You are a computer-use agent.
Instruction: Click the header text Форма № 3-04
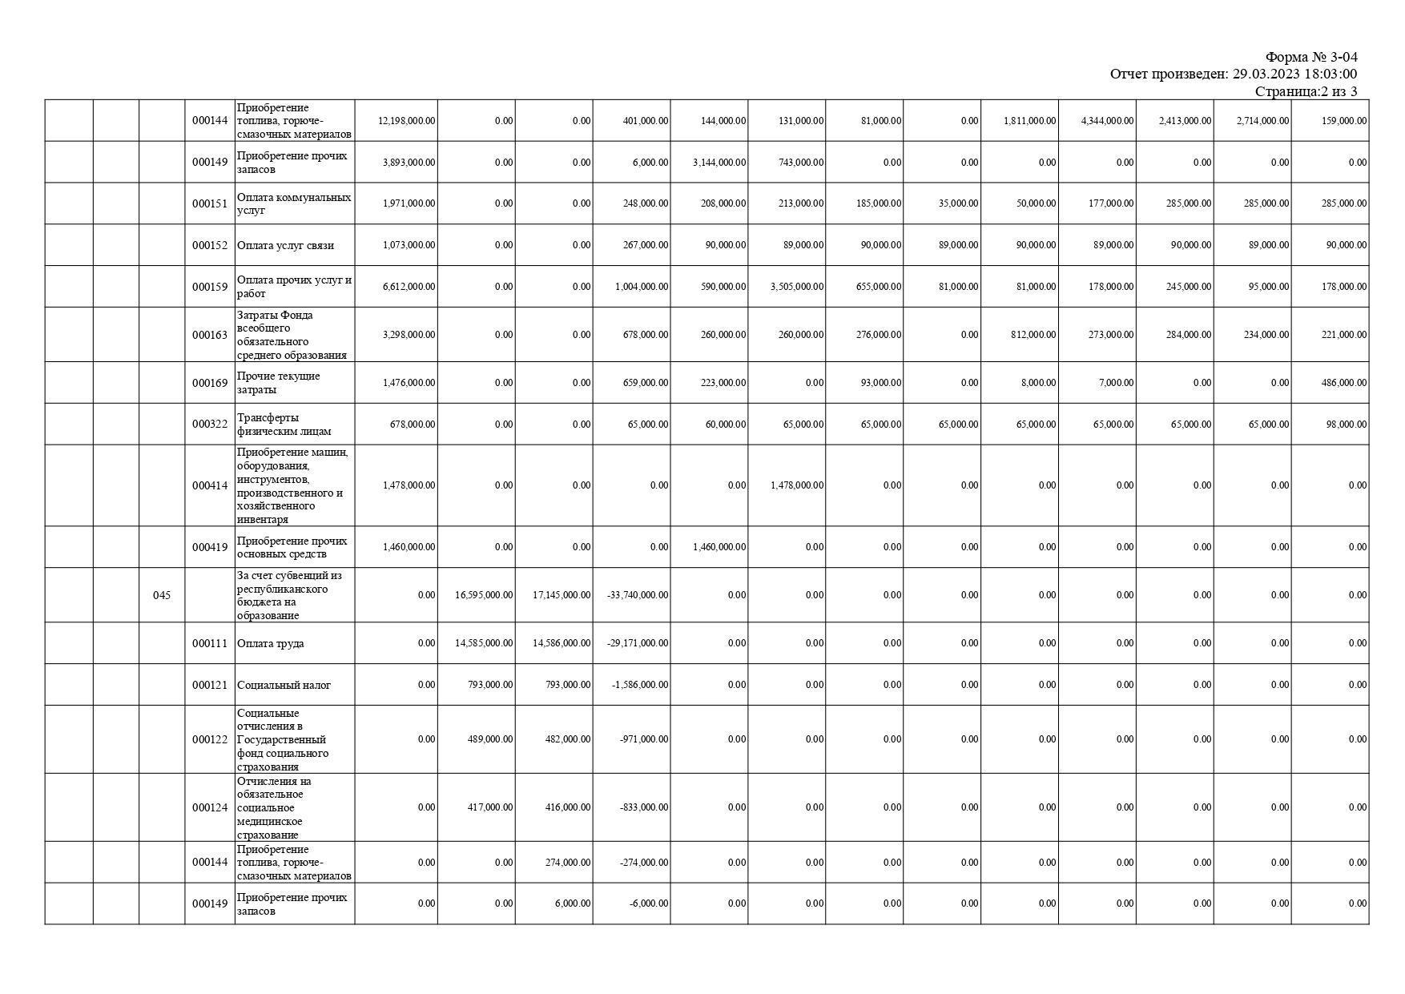1310,57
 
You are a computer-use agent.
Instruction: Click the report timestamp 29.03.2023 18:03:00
1294,74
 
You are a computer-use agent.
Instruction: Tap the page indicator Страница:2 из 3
1306,91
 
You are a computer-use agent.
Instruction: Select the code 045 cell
162,595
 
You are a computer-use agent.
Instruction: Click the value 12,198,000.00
407,121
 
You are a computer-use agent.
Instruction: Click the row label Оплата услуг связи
286,245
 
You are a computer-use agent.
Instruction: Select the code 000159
210,287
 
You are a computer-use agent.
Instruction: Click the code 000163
210,335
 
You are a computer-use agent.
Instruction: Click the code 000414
210,485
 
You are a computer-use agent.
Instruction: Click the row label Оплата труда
271,644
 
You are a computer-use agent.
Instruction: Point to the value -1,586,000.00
641,685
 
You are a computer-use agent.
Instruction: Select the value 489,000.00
490,739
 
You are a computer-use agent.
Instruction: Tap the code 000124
210,807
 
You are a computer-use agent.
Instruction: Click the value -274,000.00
643,863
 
